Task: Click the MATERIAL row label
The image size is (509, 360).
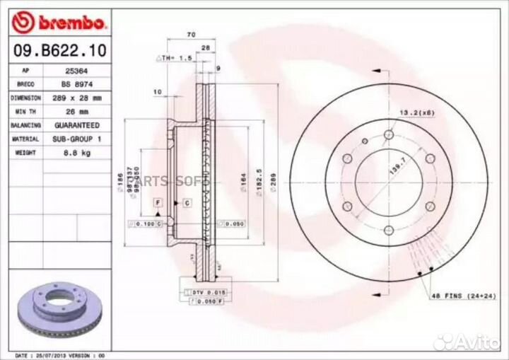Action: click(25, 139)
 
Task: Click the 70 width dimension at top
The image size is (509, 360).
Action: click(190, 34)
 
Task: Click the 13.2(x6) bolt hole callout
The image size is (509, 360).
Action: click(416, 112)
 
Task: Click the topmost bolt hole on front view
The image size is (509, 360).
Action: click(388, 136)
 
